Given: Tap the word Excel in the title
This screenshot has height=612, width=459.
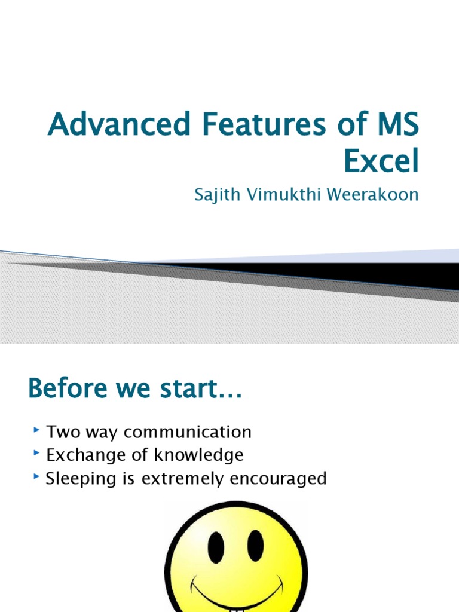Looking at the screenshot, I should pyautogui.click(x=381, y=161).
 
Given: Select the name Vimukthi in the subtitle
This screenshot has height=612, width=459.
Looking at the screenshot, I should pyautogui.click(x=280, y=195).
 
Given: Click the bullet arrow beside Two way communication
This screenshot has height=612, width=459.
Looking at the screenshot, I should pyautogui.click(x=37, y=430).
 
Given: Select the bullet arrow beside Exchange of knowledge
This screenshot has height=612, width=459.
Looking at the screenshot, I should pyautogui.click(x=37, y=453).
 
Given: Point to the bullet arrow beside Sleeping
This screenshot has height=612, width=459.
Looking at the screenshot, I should pyautogui.click(x=37, y=476).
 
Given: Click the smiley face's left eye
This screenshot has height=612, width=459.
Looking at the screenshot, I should pyautogui.click(x=216, y=546).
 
